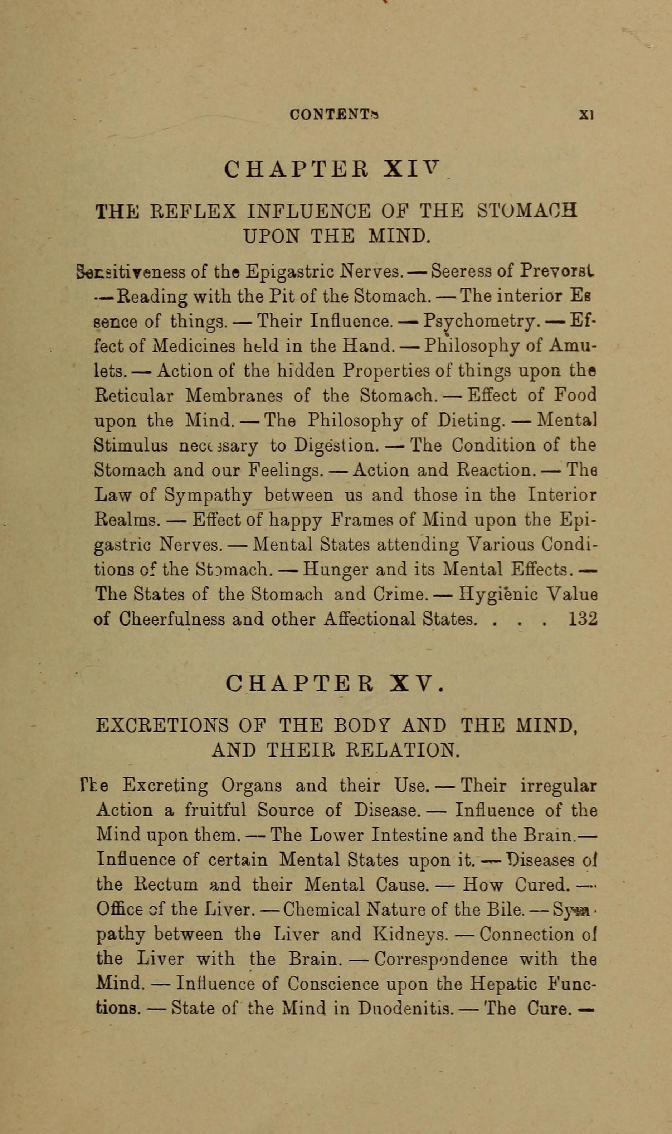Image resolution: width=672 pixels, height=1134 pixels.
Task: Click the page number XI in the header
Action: tap(586, 115)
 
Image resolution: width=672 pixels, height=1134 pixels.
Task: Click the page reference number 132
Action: tap(583, 618)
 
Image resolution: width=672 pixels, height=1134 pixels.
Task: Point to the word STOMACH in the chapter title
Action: tap(527, 211)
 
